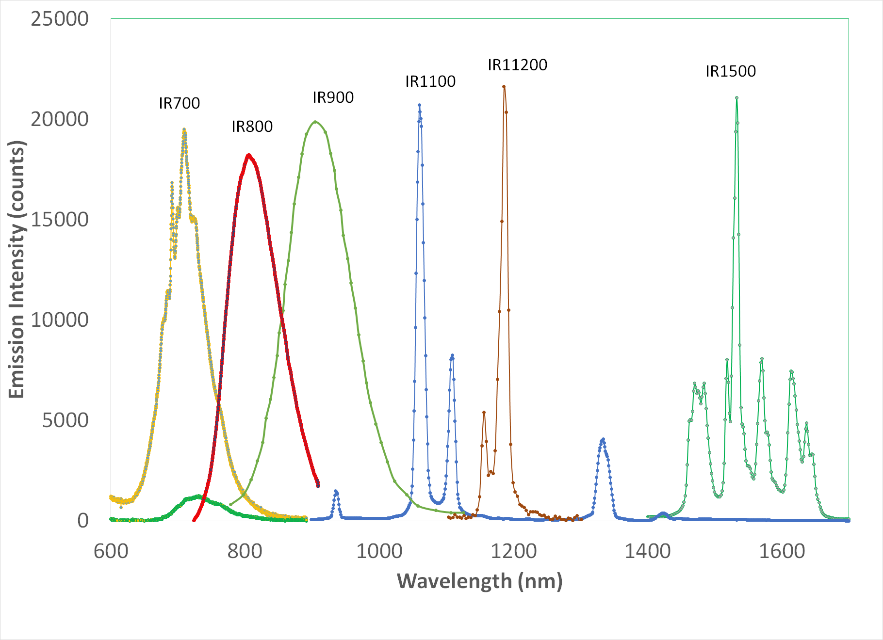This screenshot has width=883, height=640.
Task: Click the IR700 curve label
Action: (179, 103)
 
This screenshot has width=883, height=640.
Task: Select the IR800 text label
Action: (252, 127)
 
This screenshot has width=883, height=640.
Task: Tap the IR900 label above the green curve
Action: (333, 97)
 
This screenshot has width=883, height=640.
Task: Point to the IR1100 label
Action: (430, 81)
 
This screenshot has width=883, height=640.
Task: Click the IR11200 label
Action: (517, 65)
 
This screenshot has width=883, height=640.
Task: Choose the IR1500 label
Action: (730, 71)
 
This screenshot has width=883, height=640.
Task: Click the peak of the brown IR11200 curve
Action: (504, 87)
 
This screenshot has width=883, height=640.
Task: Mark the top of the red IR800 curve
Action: (248, 155)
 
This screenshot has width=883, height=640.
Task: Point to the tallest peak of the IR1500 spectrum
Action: (736, 98)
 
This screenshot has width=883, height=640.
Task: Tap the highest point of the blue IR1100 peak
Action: (419, 105)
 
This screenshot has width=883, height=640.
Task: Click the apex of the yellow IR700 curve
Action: (184, 130)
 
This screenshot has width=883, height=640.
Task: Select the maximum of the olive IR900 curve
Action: (315, 121)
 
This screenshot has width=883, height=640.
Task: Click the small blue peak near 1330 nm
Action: (603, 439)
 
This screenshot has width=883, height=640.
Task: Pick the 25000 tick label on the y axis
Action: (60, 19)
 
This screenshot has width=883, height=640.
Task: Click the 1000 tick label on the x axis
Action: (379, 551)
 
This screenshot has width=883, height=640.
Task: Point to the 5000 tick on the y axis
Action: (65, 420)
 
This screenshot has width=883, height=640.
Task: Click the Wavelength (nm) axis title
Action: (479, 581)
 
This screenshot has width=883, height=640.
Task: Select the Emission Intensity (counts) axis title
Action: (17, 270)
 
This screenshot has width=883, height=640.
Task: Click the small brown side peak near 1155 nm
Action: (484, 413)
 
